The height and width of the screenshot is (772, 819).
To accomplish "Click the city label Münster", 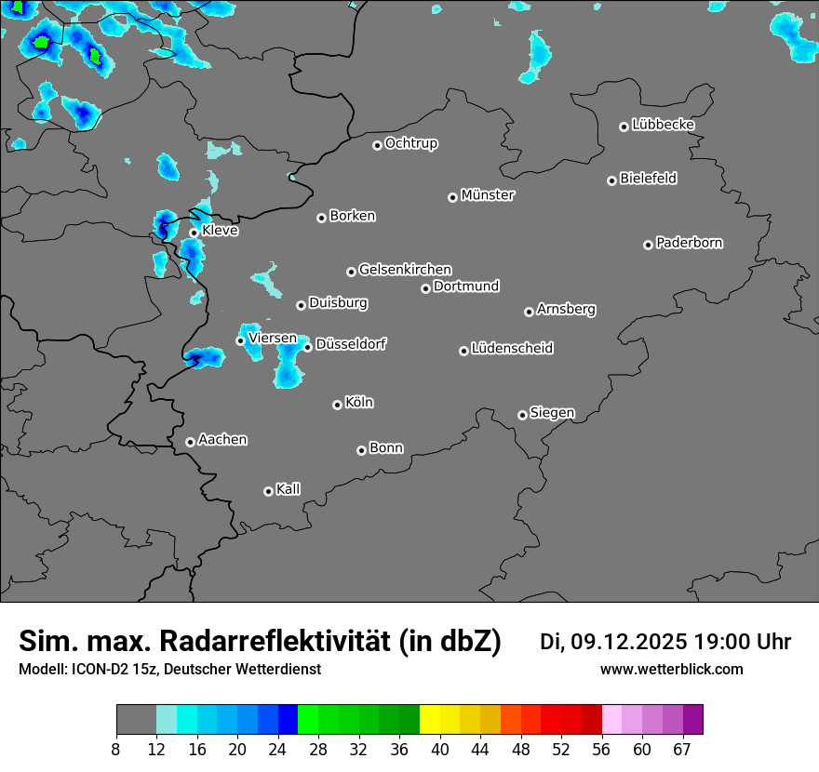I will (x=488, y=195).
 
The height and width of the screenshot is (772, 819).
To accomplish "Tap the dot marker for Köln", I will (x=337, y=405).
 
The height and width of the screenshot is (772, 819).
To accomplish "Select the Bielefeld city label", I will (x=648, y=179).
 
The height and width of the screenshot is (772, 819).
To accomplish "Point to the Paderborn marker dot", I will (x=648, y=245).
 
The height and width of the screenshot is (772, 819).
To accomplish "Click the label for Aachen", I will (x=222, y=440).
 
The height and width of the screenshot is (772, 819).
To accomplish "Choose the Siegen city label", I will (x=552, y=413).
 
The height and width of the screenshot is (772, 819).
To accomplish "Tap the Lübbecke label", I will (x=663, y=125).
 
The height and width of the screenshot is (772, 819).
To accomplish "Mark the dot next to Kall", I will (x=268, y=491).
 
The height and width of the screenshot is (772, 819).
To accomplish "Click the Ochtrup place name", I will (x=410, y=143).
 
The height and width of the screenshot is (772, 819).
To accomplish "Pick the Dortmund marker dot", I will (x=425, y=288).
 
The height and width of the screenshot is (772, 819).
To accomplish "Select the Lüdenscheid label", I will (x=512, y=349).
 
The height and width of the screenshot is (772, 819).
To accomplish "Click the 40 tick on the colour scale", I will (x=440, y=749).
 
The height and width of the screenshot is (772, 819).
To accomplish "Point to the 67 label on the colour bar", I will (x=683, y=749).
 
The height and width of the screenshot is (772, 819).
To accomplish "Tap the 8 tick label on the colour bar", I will (x=115, y=749).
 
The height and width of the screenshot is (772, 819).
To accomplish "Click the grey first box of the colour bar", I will (x=136, y=720).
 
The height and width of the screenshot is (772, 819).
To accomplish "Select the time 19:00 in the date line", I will (x=725, y=642).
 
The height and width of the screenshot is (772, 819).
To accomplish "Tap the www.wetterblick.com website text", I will (x=671, y=669).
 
